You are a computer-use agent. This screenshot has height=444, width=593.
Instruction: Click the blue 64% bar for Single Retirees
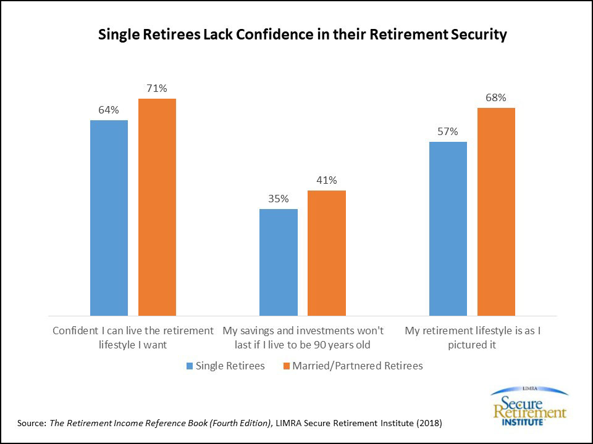point(109,218)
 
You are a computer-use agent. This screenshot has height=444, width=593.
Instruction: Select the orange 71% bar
point(157,207)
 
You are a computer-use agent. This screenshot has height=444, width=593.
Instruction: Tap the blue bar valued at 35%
point(278,263)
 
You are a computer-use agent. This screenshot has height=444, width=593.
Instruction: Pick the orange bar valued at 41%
point(326,253)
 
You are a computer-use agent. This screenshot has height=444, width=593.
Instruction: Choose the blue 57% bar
point(448,229)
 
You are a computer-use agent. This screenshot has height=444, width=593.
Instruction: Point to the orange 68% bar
point(496,212)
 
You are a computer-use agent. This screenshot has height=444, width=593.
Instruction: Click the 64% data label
point(109,110)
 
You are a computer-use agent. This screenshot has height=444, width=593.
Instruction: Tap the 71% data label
point(157,89)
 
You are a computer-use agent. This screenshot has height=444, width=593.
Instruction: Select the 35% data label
point(278,199)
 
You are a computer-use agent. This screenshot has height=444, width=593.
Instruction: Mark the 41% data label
point(326,181)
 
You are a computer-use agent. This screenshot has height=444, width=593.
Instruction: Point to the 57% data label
point(448,132)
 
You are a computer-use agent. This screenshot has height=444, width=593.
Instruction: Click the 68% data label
point(496,98)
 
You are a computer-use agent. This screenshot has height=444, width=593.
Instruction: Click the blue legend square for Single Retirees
point(189,366)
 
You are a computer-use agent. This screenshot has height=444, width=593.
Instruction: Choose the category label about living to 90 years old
point(303,337)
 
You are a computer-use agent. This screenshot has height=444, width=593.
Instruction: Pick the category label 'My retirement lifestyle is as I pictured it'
point(473,337)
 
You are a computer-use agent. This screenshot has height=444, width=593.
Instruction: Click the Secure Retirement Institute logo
point(528,406)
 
